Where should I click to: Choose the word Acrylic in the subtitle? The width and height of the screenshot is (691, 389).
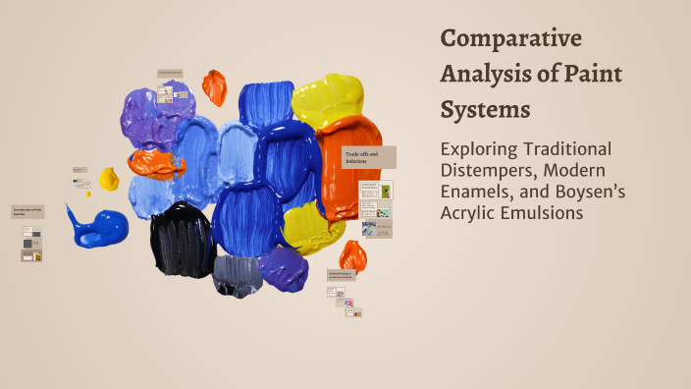click(473, 213)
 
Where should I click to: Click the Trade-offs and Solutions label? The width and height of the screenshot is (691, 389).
click(368, 157)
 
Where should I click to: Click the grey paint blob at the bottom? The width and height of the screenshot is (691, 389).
click(237, 274)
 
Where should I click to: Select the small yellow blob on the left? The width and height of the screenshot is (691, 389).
click(109, 179)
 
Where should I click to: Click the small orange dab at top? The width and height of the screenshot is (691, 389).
click(214, 86)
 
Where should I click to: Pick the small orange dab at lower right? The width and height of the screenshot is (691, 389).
click(352, 257)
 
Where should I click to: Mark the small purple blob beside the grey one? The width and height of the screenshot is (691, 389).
click(284, 267)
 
